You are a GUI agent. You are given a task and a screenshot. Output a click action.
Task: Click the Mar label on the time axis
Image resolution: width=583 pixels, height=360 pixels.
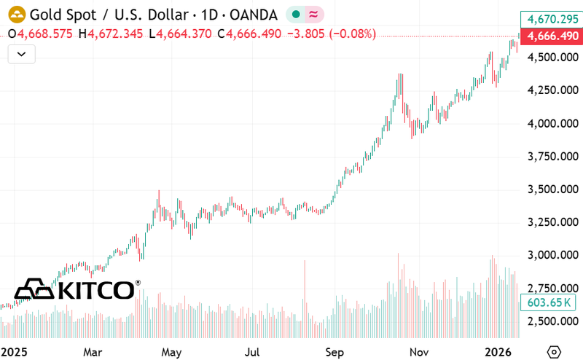point(93,351)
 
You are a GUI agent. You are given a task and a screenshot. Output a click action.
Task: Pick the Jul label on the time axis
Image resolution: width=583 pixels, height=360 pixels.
point(253,351)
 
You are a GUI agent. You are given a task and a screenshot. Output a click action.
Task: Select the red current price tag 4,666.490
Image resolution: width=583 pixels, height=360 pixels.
point(549,36)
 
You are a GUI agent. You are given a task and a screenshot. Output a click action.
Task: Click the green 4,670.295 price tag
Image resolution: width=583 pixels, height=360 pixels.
point(549,20)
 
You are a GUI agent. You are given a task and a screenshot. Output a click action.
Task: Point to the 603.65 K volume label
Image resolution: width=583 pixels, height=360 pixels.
point(548,302)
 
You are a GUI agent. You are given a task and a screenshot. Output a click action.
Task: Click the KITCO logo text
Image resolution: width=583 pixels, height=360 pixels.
point(95,290)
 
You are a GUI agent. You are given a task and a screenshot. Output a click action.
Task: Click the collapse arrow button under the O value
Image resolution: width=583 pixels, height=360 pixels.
point(21,53)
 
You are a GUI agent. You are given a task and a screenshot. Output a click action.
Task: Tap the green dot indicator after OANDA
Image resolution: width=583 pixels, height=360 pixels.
point(296,14)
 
